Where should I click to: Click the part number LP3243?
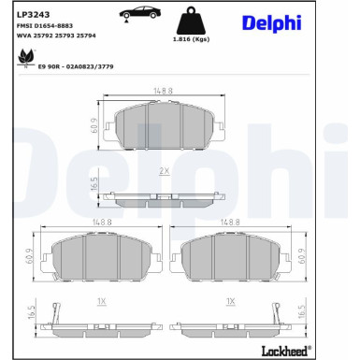(33, 15)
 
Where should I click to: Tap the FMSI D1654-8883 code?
(45, 26)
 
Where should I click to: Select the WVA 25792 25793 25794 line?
(56, 36)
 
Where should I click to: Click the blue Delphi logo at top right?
(272, 22)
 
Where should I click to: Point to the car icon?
(140, 14)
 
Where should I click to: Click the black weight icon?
(191, 21)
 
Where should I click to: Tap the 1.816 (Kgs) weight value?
(191, 39)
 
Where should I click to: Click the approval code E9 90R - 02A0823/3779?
(76, 66)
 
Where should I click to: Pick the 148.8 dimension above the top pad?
(163, 91)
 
